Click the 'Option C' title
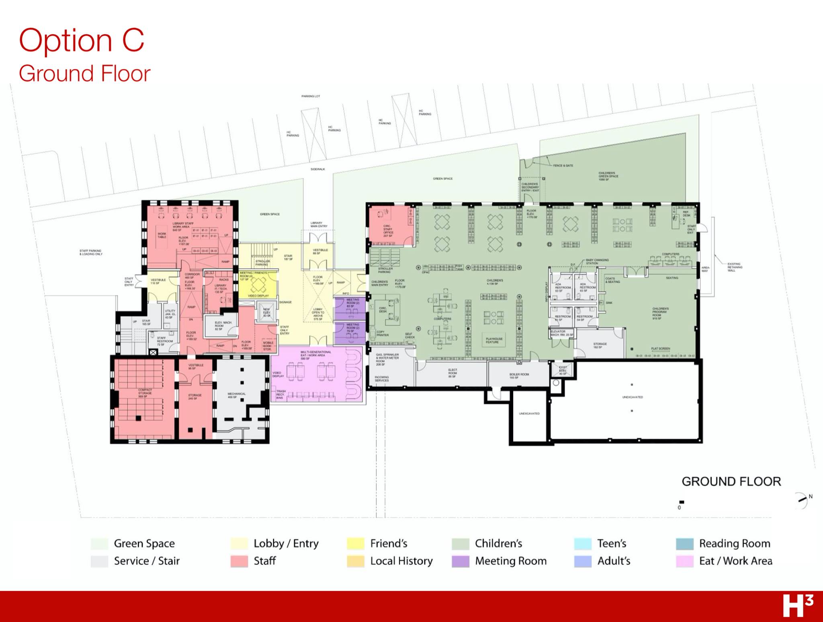pos(82,40)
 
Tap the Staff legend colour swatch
pos(239,561)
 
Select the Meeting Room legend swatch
pos(461,561)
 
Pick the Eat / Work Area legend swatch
pos(685,561)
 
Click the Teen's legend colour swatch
pos(583,544)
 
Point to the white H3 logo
pos(798,606)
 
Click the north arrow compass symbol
pos(801,501)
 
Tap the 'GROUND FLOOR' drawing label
pos(731,481)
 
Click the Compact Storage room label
pos(145,393)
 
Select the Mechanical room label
pos(236,395)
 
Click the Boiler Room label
pos(519,376)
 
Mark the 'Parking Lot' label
pos(311,96)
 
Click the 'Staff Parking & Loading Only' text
pos(91,252)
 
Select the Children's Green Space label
pos(608,176)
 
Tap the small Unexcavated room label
pos(529,413)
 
